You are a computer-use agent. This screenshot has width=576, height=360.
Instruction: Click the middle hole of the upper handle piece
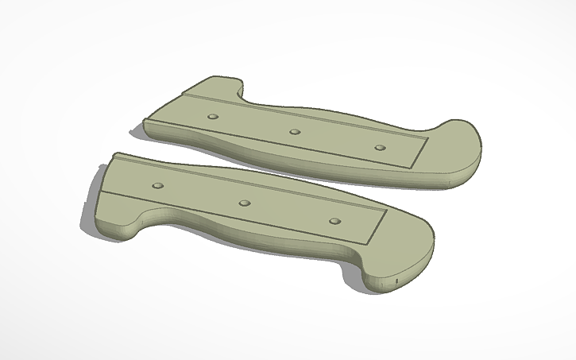click(295, 132)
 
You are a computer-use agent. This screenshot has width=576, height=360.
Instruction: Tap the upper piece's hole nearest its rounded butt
click(379, 148)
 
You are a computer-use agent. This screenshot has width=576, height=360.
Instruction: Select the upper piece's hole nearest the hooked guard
click(212, 117)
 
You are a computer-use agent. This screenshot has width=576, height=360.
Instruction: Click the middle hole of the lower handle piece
click(245, 203)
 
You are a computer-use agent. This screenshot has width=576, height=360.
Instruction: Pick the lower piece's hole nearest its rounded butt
click(334, 221)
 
